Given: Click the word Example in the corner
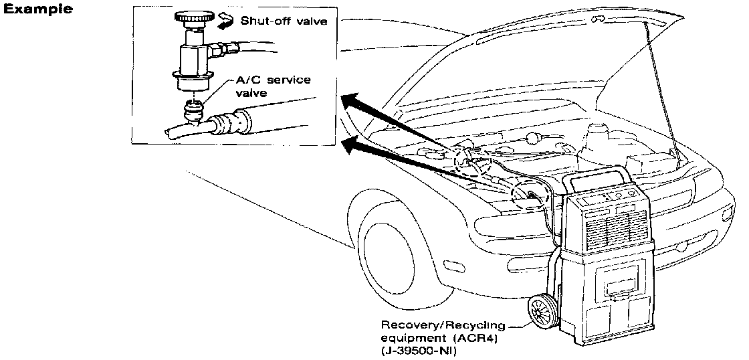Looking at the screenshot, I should click(x=39, y=11).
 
